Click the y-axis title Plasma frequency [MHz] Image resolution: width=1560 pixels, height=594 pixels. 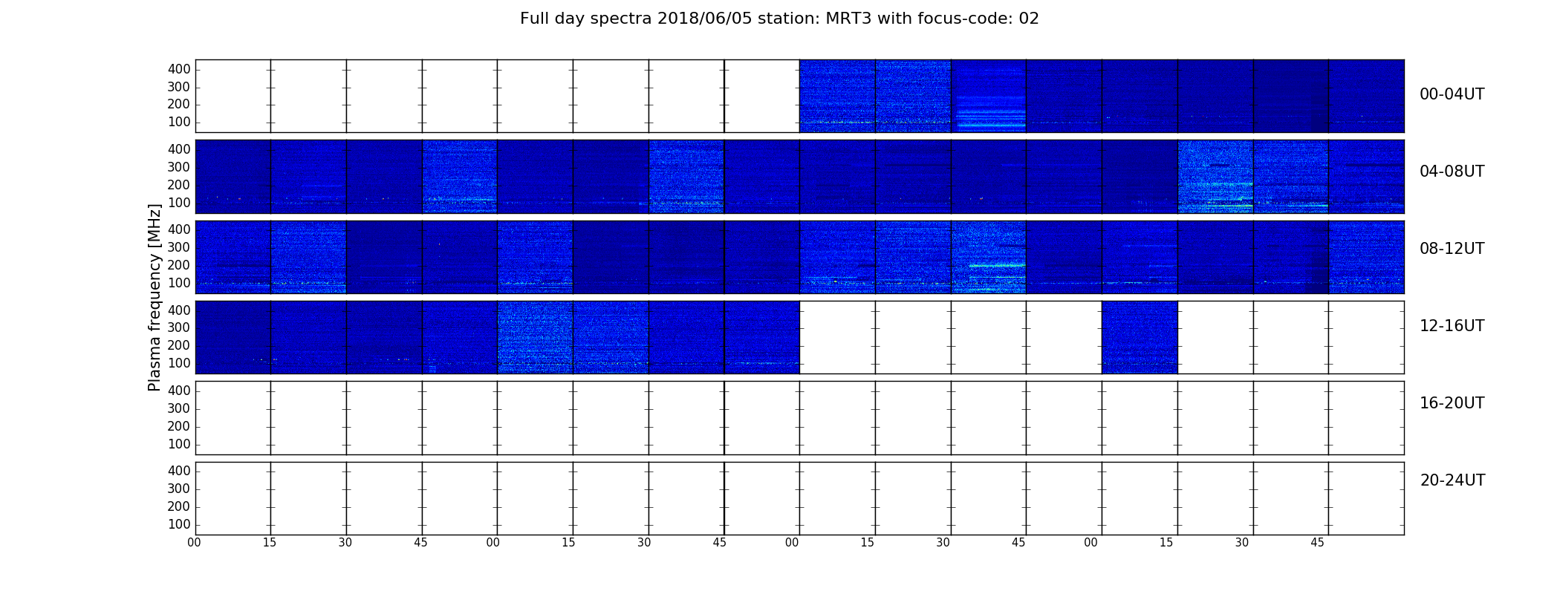[x=155, y=297]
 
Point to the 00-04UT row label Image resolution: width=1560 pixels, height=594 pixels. [x=1452, y=94]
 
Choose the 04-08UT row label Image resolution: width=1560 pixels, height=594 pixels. [x=1452, y=172]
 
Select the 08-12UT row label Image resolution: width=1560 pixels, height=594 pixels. [x=1452, y=249]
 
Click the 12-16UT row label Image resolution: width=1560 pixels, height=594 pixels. [x=1452, y=326]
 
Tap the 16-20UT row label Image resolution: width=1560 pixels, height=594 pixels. [x=1452, y=403]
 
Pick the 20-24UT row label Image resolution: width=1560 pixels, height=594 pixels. [x=1452, y=480]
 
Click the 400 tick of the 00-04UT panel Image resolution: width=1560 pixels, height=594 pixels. [x=179, y=69]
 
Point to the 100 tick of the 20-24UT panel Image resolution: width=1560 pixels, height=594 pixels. [x=179, y=524]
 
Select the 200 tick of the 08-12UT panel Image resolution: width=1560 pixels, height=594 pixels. [x=179, y=265]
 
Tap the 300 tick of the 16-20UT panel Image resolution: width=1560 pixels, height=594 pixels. [x=179, y=408]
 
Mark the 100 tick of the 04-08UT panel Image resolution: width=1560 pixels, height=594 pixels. [x=179, y=203]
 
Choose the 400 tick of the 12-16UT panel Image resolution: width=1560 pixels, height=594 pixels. [x=179, y=310]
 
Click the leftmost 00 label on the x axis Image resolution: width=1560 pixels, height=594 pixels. [x=194, y=543]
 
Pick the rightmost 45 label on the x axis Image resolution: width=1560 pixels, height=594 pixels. [x=1317, y=543]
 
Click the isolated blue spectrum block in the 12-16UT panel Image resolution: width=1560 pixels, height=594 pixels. [x=1140, y=337]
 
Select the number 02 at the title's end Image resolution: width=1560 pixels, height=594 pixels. [x=1029, y=19]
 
